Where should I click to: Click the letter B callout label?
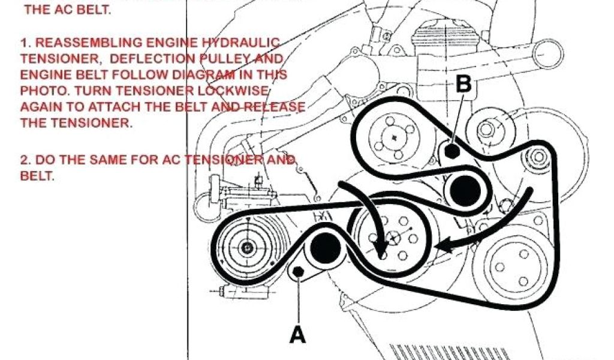click(x=463, y=84)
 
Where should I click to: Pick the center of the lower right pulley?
click(x=507, y=268)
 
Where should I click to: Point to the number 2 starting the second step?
click(x=23, y=161)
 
